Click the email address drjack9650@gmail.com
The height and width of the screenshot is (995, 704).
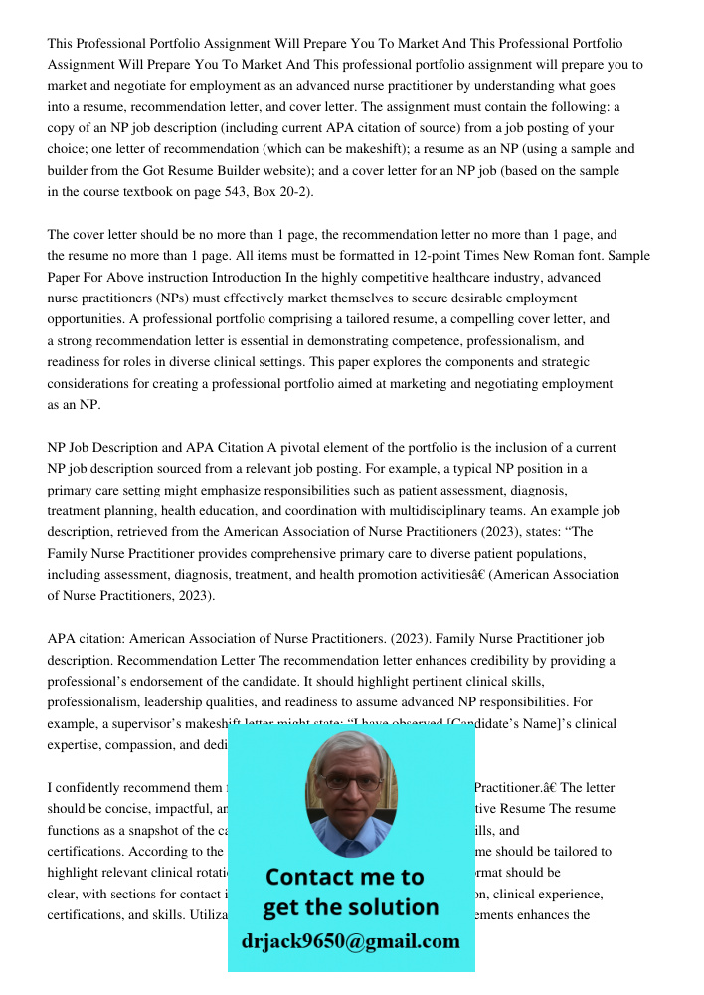point(350,941)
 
